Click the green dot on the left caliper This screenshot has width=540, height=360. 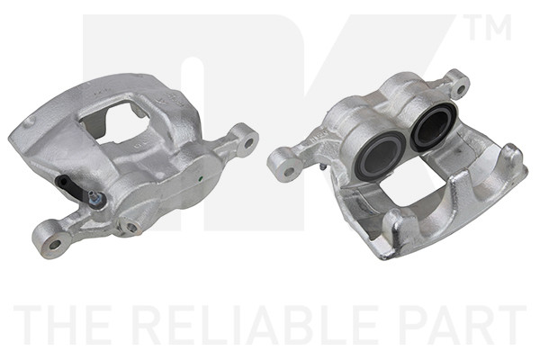(x=201, y=179)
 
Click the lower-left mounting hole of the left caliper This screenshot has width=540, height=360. (x=54, y=246)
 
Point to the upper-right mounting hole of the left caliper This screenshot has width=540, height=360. (x=249, y=142)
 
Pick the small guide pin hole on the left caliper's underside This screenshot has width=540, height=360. (x=131, y=227)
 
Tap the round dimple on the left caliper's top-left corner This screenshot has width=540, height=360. (x=31, y=121)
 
